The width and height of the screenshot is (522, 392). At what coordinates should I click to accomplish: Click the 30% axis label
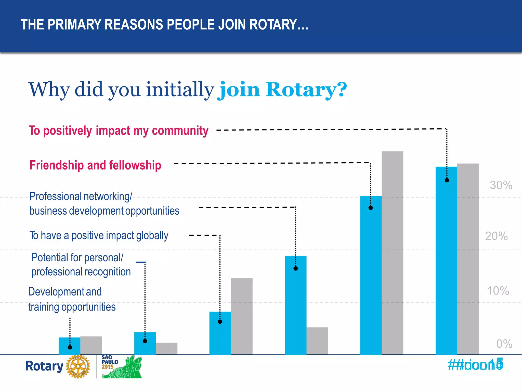(x=501, y=185)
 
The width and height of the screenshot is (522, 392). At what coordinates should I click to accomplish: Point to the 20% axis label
(x=496, y=236)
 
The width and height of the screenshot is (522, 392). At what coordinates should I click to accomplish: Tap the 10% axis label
(x=498, y=291)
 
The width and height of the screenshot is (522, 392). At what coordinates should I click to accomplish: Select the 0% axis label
(x=504, y=344)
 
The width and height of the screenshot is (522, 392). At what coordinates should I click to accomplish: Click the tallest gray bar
(x=392, y=253)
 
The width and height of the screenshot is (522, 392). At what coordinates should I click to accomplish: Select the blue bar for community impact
(x=446, y=260)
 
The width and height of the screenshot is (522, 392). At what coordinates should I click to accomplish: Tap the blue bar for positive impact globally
(x=220, y=333)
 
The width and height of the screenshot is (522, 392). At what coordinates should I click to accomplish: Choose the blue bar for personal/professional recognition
(x=145, y=343)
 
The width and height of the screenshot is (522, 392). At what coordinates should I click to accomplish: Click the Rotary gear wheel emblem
(x=78, y=366)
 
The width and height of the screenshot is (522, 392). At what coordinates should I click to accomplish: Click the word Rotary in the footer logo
(x=44, y=366)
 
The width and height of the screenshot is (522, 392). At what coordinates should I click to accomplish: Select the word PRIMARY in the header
(x=74, y=25)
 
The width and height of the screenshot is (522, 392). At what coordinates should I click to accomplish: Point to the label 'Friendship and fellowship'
(x=95, y=165)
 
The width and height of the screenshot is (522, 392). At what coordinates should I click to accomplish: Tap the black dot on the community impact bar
(x=447, y=180)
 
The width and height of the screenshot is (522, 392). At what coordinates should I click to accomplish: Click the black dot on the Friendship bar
(x=371, y=208)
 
